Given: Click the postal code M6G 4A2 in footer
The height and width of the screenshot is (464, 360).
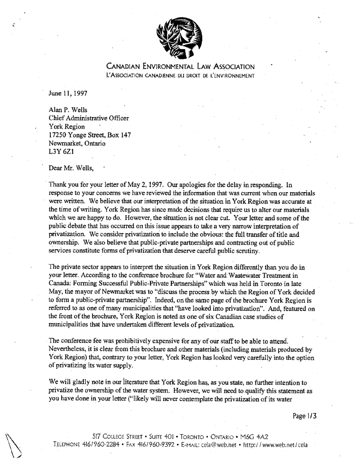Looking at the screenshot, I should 256,436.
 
